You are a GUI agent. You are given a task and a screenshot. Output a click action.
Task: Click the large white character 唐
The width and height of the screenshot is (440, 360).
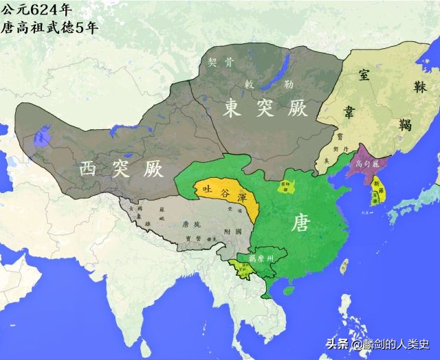pyautogui.click(x=300, y=223)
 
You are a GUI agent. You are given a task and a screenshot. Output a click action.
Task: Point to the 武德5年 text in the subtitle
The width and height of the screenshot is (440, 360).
pyautogui.click(x=77, y=27)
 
